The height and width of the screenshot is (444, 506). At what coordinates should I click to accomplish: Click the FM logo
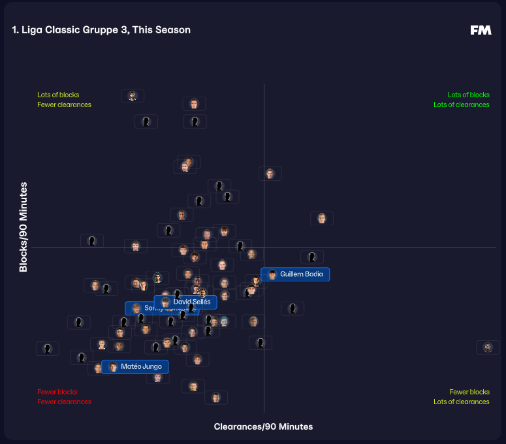tap(481, 30)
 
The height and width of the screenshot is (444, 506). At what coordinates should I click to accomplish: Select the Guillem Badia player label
tap(295, 274)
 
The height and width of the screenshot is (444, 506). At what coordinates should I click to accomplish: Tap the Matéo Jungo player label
tap(135, 367)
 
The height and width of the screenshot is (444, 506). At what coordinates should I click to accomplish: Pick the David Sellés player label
tap(185, 302)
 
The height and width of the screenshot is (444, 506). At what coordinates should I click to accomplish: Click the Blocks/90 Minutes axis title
tap(24, 227)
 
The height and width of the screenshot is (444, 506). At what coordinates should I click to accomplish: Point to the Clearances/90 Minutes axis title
tap(263, 426)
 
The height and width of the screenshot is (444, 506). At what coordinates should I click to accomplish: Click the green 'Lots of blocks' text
tap(468, 95)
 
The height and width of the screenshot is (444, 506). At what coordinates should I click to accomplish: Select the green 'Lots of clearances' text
tap(461, 104)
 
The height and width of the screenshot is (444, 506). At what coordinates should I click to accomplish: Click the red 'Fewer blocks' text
tap(57, 392)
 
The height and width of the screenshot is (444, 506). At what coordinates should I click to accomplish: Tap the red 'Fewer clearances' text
tap(64, 402)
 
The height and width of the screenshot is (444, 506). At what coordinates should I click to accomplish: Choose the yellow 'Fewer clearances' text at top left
tap(64, 104)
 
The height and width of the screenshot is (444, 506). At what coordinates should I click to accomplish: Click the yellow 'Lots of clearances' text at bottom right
tap(461, 402)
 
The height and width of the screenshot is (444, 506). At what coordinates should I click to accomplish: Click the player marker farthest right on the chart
tap(488, 347)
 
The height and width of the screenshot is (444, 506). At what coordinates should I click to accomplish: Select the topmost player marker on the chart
tap(133, 96)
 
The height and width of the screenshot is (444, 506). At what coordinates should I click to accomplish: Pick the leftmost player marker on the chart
tap(47, 349)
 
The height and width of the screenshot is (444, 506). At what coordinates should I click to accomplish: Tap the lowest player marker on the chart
tap(215, 398)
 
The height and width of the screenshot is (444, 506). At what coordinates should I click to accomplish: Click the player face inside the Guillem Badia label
tap(272, 274)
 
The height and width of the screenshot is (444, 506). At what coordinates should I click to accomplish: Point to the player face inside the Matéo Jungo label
tap(113, 367)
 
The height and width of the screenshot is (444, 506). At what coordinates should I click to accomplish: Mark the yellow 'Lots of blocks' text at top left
tap(58, 95)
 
